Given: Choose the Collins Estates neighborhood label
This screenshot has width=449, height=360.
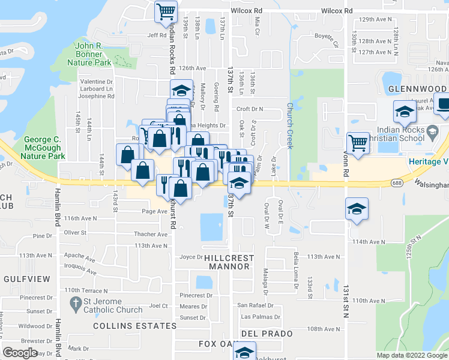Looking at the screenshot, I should [135, 326].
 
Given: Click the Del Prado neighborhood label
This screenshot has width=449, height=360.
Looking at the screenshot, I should [267, 333].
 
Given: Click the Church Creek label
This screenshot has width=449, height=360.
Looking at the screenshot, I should [289, 126].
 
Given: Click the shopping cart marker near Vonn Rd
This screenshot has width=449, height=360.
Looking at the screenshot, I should [358, 143].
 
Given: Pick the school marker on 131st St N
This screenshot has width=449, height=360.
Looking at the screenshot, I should [357, 209].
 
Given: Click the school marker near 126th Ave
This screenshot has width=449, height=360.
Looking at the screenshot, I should [180, 91].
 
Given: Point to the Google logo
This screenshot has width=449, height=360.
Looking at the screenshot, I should [20, 353].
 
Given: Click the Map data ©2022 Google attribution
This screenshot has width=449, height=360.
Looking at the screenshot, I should [411, 355].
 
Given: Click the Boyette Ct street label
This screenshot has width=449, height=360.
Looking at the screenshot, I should [328, 39].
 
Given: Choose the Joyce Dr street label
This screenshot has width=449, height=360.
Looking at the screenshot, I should [191, 257].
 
